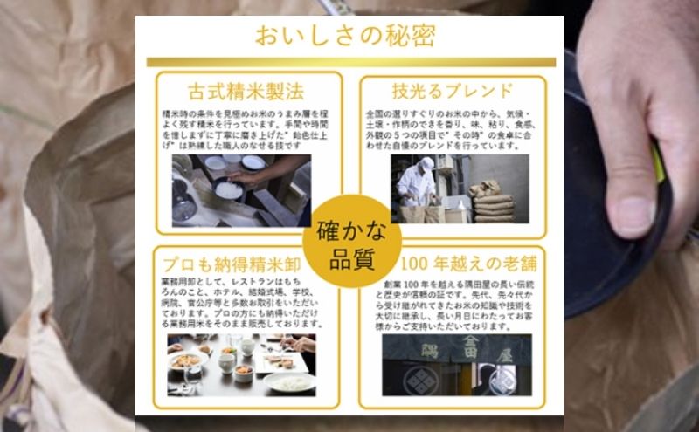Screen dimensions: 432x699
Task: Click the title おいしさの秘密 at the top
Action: coord(347,36)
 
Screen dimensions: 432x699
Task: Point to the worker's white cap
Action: coord(426,164)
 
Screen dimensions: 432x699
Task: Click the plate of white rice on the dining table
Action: coord(289,381)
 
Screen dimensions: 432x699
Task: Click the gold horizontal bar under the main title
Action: coord(349,62)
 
